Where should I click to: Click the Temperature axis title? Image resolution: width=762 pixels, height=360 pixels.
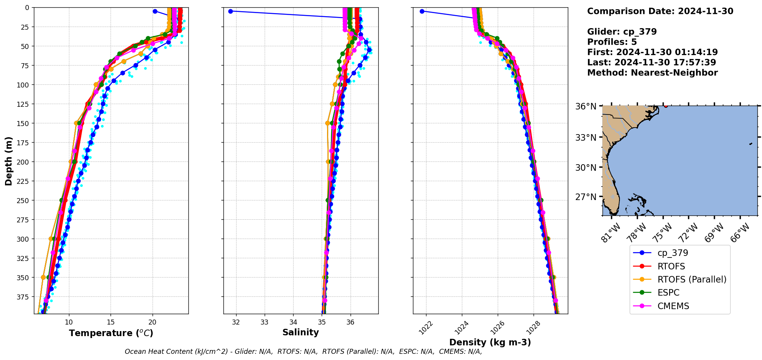click(x=111, y=333)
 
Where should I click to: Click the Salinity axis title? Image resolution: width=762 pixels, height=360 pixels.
click(x=300, y=332)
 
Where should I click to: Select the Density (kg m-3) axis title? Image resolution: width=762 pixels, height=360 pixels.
click(x=490, y=342)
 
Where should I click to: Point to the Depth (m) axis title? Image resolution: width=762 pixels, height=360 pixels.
click(x=8, y=161)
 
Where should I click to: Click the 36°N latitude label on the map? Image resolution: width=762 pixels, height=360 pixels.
click(x=586, y=106)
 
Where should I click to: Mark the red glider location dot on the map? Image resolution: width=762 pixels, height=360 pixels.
click(x=666, y=106)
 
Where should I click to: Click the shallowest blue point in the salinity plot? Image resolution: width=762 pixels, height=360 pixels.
click(x=230, y=11)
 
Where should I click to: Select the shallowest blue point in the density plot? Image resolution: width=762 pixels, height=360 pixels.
click(x=422, y=11)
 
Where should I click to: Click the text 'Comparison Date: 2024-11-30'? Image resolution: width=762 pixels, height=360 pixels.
click(x=660, y=11)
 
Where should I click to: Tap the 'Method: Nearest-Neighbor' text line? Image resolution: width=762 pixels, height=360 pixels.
click(x=652, y=73)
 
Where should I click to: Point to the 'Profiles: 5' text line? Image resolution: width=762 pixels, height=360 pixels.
click(x=612, y=42)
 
